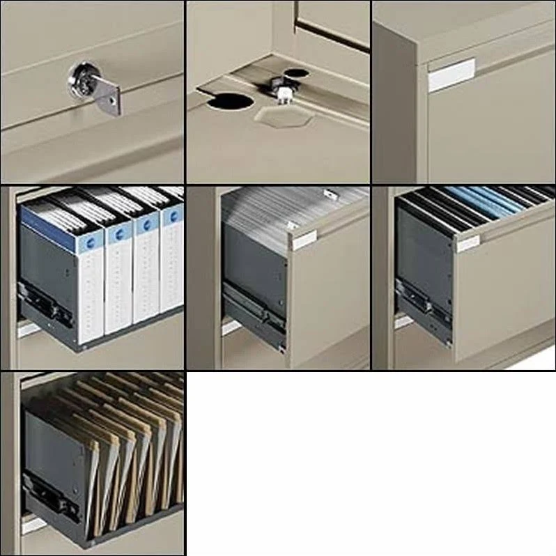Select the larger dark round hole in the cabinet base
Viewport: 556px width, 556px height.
230,100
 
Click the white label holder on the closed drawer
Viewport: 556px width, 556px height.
451,75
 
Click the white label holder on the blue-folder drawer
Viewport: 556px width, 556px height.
468,243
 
